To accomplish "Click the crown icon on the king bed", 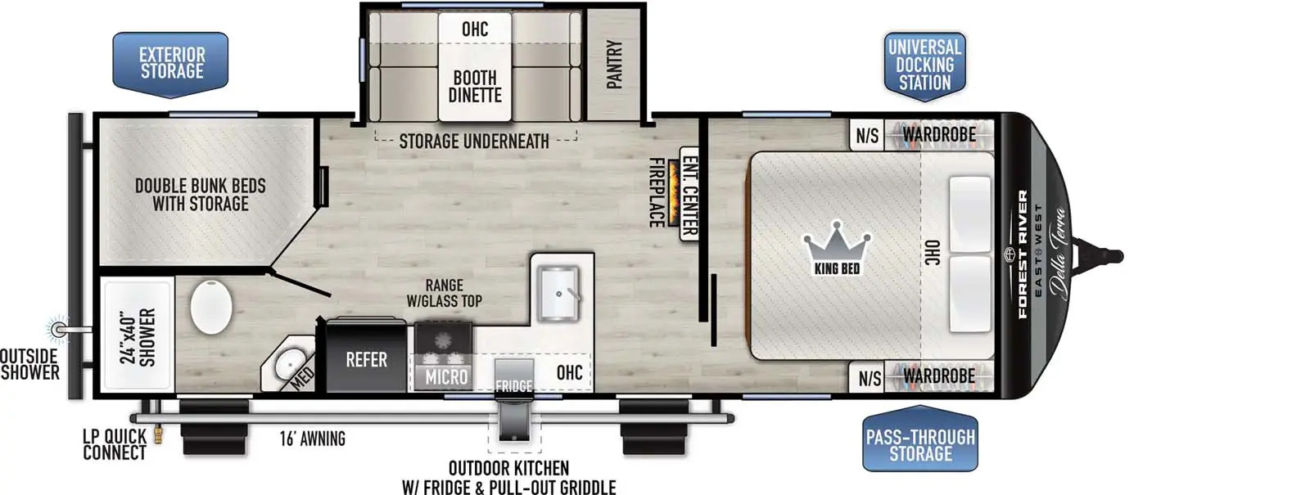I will pos(837,241).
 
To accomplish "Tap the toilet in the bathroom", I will pos(211,307).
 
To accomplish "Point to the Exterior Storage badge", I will pos(170,64).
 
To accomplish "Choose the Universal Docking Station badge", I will pos(924,65).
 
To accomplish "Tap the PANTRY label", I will pos(614,64).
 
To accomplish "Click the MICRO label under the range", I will pos(446,377).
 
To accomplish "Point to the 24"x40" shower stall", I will pos(137,335).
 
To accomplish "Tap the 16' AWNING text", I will pos(312,439).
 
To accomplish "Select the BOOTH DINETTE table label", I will pos(475,86).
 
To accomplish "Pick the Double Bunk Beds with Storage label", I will pos(201,195).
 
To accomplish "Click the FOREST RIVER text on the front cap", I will pos(1023,254).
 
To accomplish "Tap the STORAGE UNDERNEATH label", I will pos(474,142).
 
